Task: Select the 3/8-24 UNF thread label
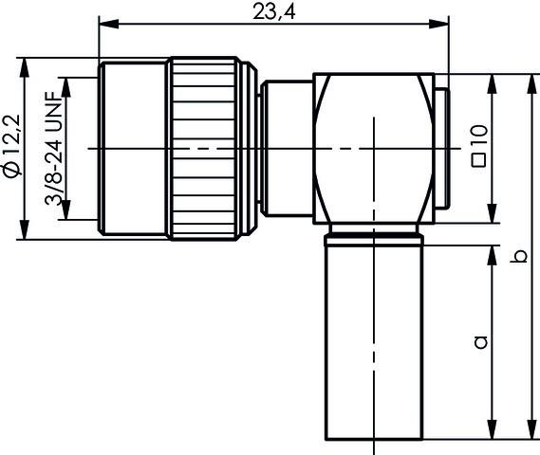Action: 54,147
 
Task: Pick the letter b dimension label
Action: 518,256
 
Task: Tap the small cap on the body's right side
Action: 443,148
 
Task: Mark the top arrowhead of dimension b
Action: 530,78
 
